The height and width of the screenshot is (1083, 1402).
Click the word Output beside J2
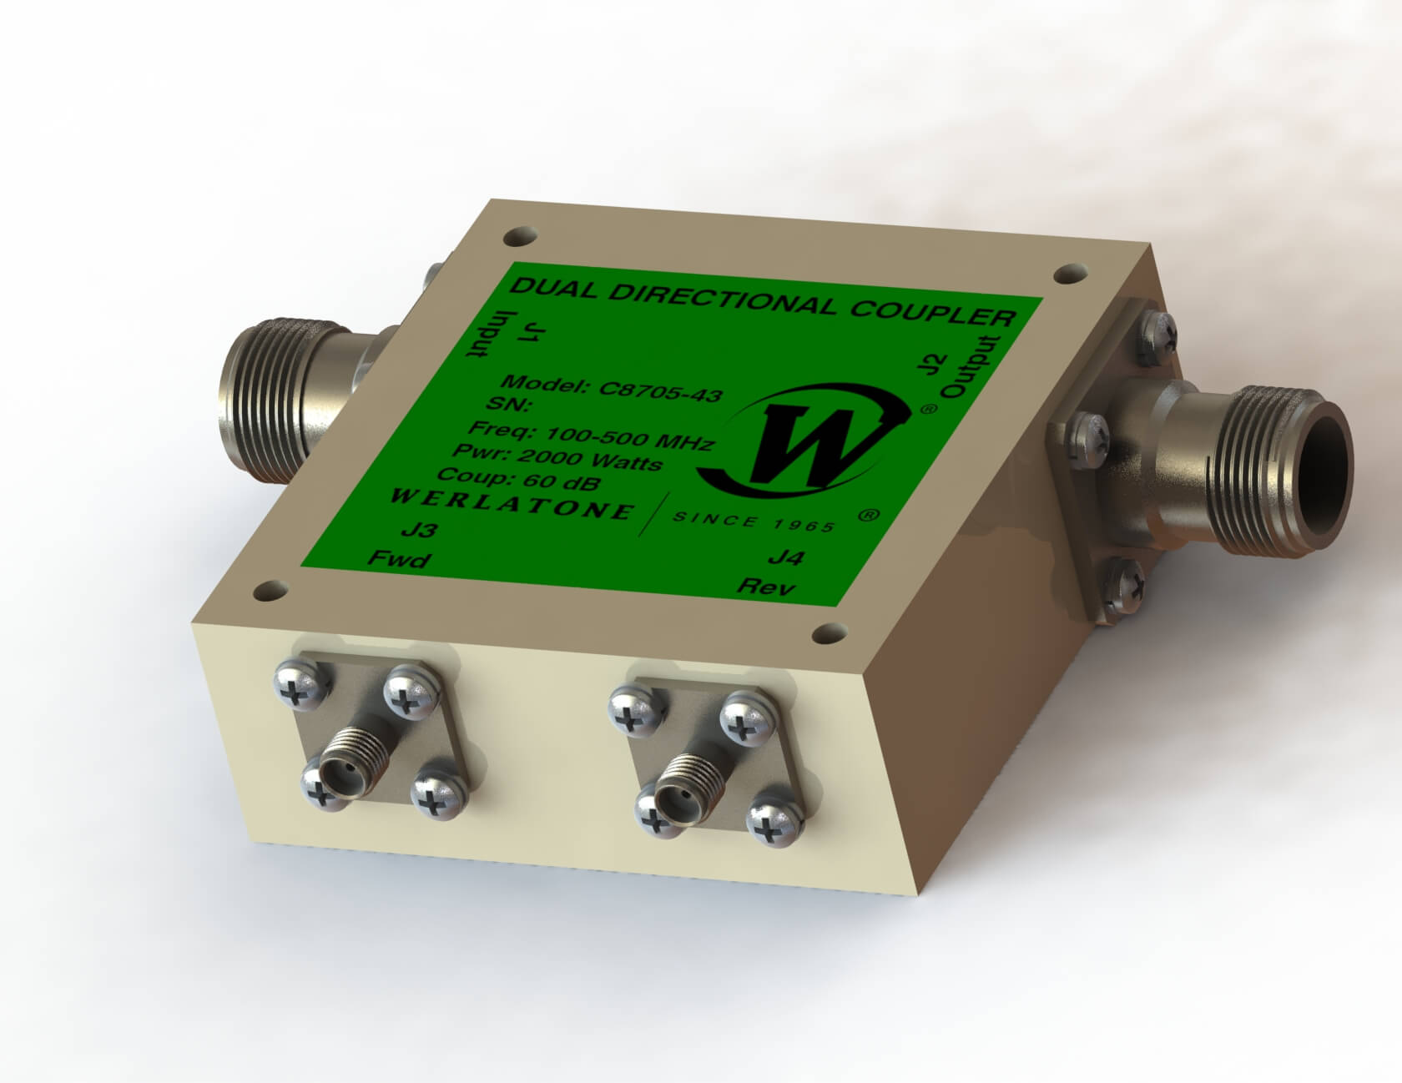973,367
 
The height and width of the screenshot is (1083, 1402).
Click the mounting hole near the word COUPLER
1067,273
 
